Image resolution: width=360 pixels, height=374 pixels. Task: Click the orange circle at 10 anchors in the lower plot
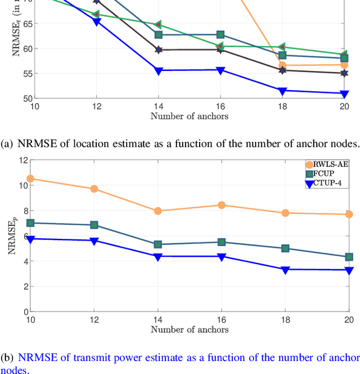click(x=31, y=179)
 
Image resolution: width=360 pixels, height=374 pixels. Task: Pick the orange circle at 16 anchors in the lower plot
click(x=221, y=205)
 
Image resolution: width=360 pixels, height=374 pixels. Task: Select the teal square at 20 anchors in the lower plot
click(x=348, y=257)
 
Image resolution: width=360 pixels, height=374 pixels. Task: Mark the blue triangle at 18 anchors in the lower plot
click(x=285, y=270)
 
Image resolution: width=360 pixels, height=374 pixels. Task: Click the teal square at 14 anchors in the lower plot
click(x=158, y=244)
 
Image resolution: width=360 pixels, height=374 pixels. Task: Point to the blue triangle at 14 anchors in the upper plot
click(x=158, y=70)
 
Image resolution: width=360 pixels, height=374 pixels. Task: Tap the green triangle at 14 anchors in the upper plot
click(x=158, y=25)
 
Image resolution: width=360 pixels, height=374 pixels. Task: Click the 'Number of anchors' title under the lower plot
click(x=190, y=329)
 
